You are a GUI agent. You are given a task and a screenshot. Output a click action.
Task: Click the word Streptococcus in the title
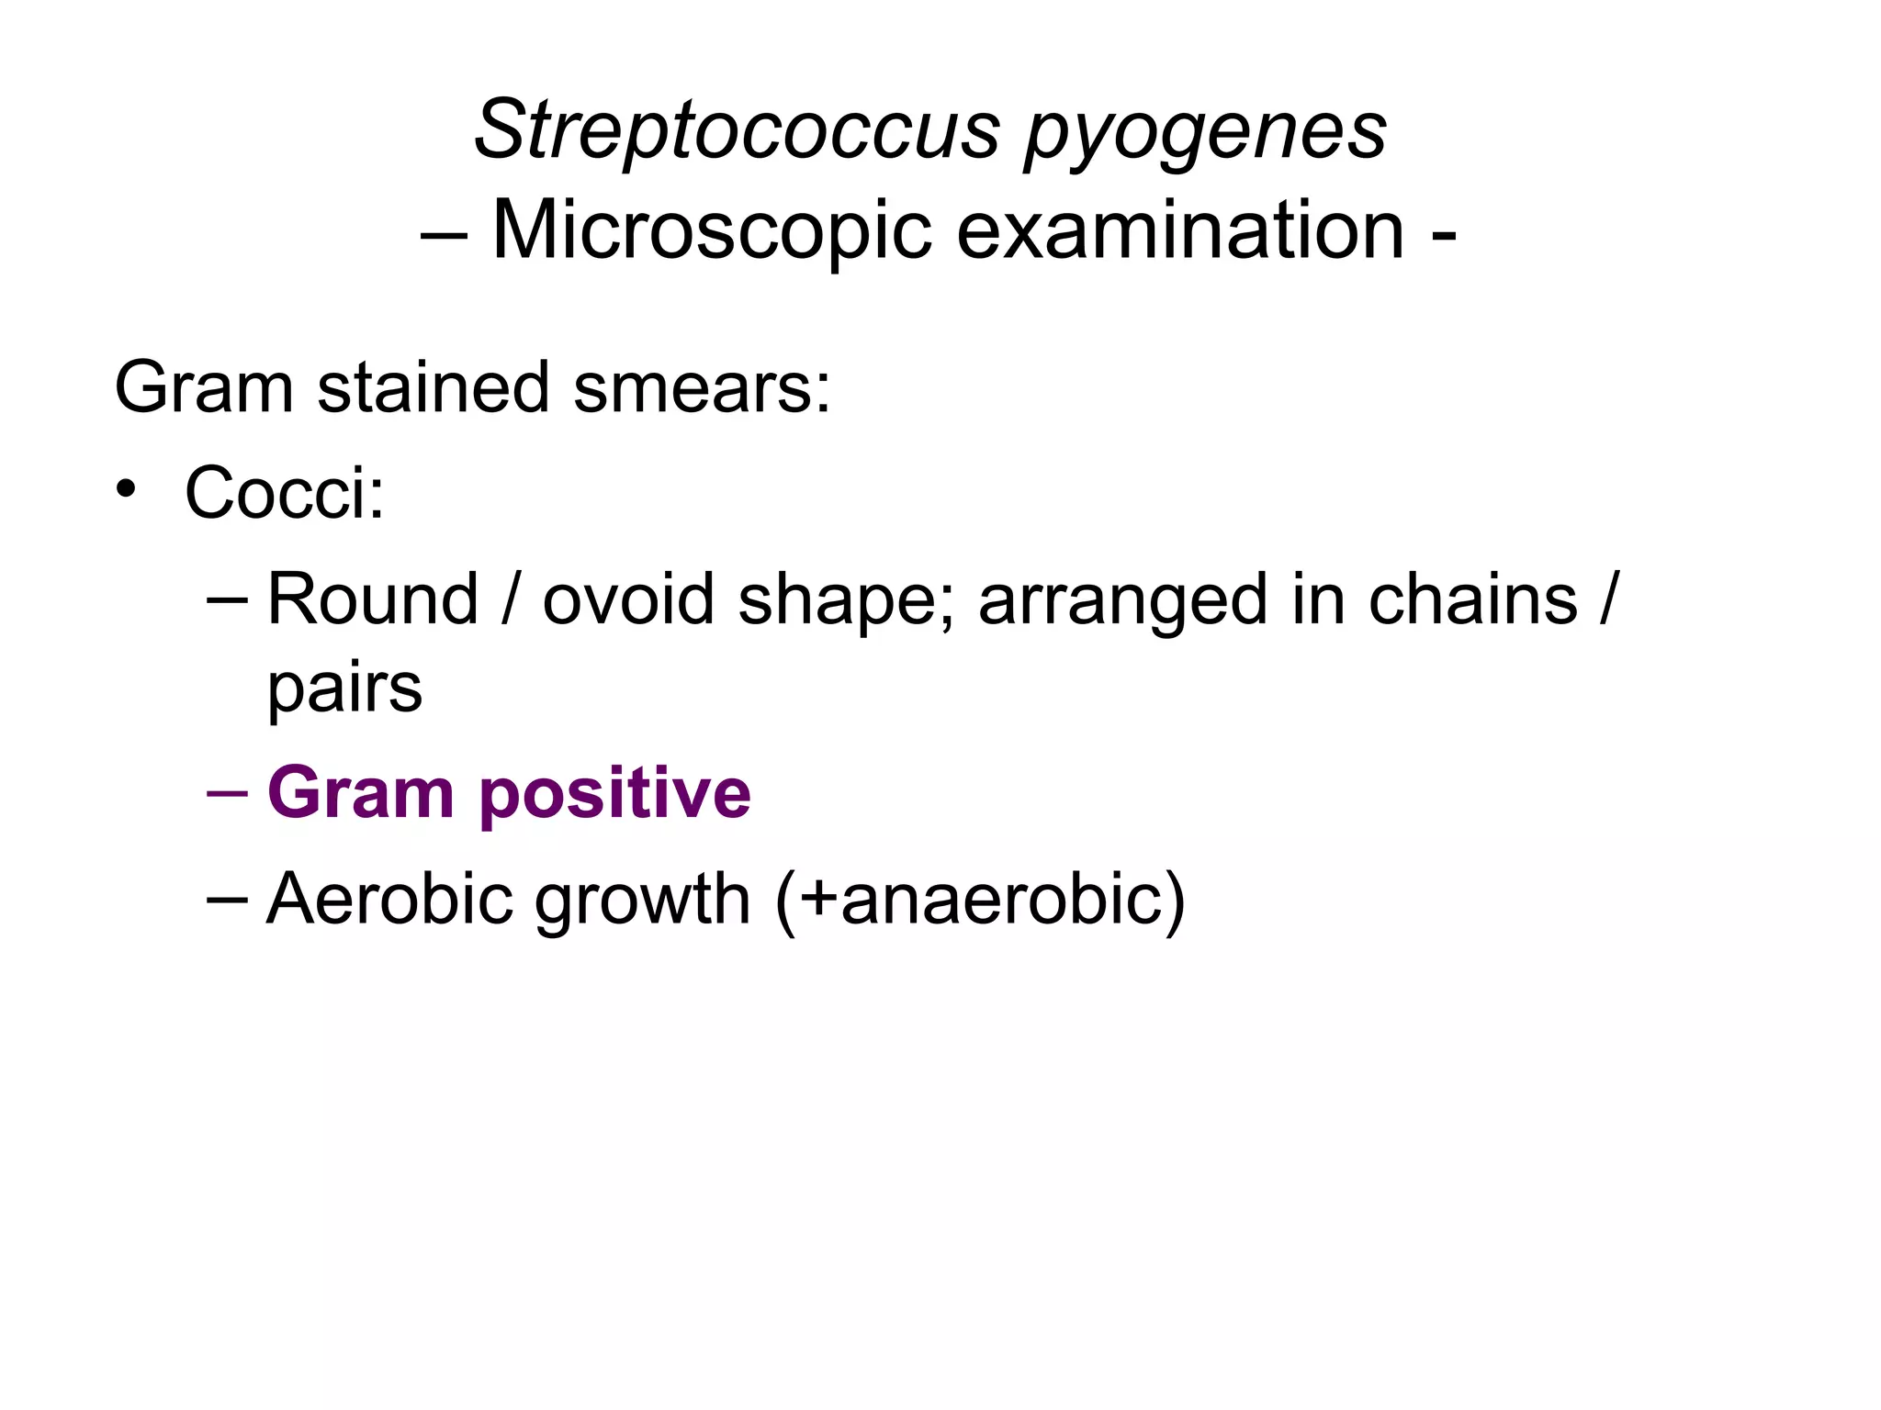[x=736, y=129]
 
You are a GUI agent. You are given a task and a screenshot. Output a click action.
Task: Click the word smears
[x=702, y=388]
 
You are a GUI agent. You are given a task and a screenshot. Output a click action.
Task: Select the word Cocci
[x=284, y=493]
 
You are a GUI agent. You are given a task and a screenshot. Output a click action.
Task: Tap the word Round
[x=373, y=599]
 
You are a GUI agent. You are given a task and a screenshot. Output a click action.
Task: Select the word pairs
[x=344, y=688]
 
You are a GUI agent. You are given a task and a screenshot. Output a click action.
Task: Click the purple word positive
[x=614, y=794]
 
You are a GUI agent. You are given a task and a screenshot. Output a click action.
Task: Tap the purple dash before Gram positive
[x=227, y=792]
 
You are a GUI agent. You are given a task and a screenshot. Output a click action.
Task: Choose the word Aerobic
[x=389, y=899]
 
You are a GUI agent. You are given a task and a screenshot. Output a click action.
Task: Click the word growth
[x=643, y=901]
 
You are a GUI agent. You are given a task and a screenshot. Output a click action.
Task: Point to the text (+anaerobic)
[x=980, y=901]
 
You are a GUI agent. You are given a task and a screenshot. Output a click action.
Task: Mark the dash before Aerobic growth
[x=227, y=898]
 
